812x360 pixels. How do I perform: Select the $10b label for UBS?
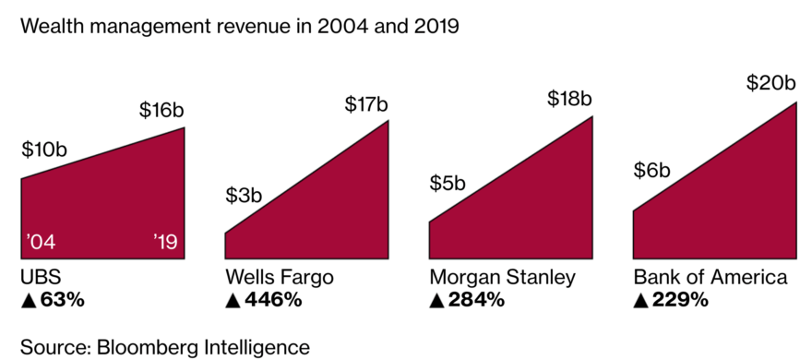pos(43,150)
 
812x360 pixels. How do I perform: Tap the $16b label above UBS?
pos(161,110)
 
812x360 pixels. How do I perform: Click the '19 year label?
pos(169,244)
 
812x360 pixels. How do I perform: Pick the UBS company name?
pos(41,278)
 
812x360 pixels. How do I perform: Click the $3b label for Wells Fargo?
pos(245,196)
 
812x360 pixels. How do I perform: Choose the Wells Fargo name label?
pos(280,278)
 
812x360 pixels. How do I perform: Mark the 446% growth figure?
pos(264,300)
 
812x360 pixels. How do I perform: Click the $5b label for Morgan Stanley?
pos(448,183)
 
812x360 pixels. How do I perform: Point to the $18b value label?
pos(569,99)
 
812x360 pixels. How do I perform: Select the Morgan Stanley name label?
pos(502,278)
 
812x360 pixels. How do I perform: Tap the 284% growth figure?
pos(468,300)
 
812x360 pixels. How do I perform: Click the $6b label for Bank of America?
pos(652,171)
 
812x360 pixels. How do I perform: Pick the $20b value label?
pos(770,84)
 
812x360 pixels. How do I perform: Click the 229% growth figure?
pos(671,300)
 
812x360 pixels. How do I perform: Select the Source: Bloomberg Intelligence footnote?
pos(165,346)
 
